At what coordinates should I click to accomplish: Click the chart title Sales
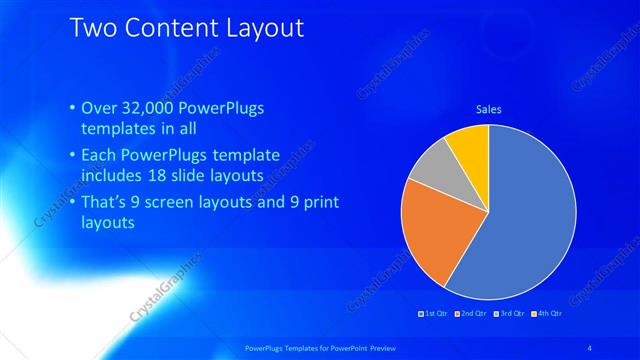pos(488,109)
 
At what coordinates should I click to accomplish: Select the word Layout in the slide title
pos(257,27)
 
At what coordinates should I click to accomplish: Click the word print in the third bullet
pos(320,203)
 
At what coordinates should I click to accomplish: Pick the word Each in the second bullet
pos(97,156)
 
